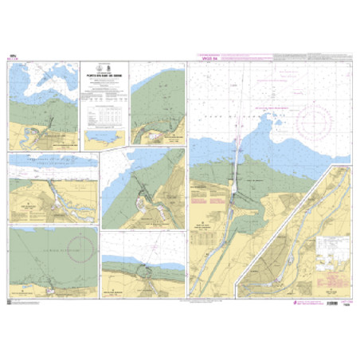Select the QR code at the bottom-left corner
[x=10, y=302]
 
